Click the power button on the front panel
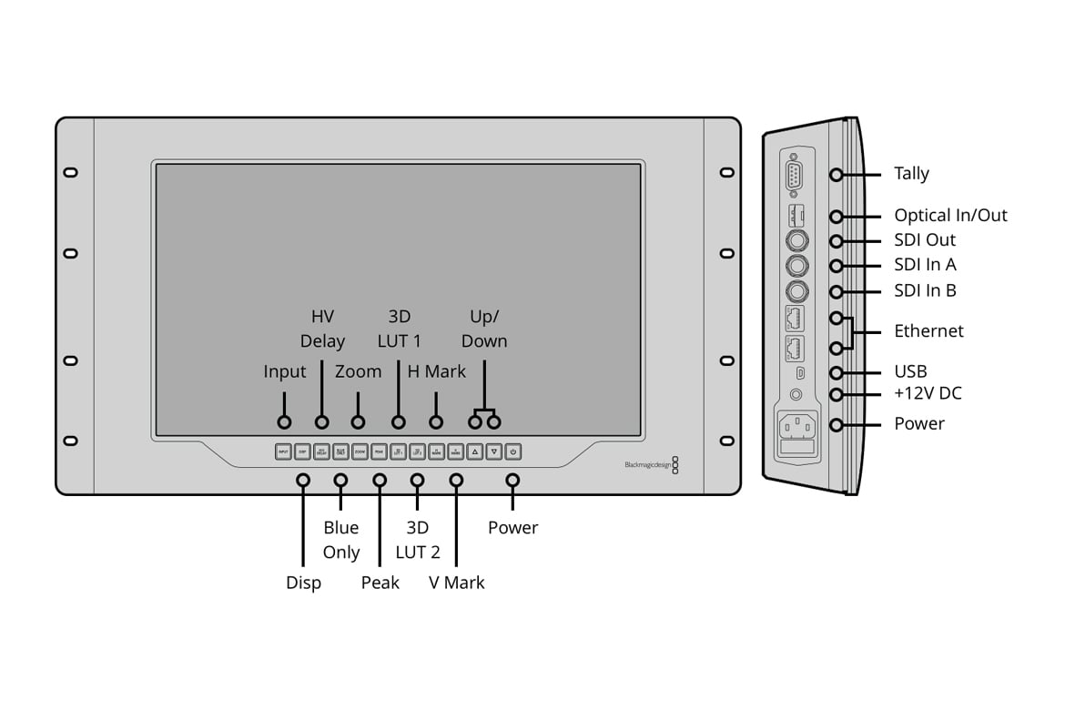pyautogui.click(x=513, y=451)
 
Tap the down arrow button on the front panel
pyautogui.click(x=493, y=451)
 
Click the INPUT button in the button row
pyautogui.click(x=283, y=451)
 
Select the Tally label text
pyautogui.click(x=911, y=174)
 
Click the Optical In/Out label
pyautogui.click(x=950, y=216)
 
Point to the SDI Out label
pyautogui.click(x=925, y=240)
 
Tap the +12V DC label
pyautogui.click(x=928, y=393)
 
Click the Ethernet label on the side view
pyautogui.click(x=928, y=331)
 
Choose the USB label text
pyautogui.click(x=910, y=371)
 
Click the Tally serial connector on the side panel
pyautogui.click(x=795, y=174)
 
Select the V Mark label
pyautogui.click(x=457, y=583)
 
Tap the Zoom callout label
pyautogui.click(x=358, y=371)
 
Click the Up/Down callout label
pyautogui.click(x=484, y=329)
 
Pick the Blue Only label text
pyautogui.click(x=341, y=540)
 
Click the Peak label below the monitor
pyautogui.click(x=380, y=583)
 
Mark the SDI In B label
pyautogui.click(x=925, y=291)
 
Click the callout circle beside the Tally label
pyautogui.click(x=836, y=174)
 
